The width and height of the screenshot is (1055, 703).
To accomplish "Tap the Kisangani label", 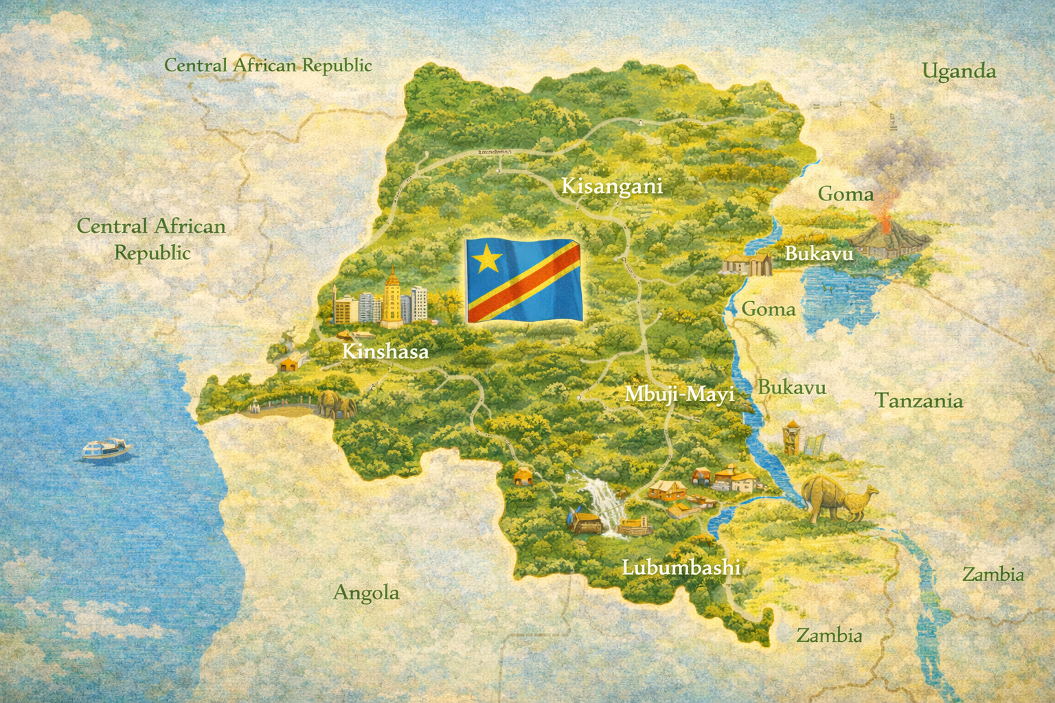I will (x=611, y=186).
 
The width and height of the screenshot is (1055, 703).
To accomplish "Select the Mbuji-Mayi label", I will (x=679, y=395).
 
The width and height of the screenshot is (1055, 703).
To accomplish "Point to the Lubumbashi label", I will (x=681, y=567).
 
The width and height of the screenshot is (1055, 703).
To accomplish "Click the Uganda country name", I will (x=958, y=71).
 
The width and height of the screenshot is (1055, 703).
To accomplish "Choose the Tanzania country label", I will (x=918, y=400).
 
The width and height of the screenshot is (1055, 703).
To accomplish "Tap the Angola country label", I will (x=365, y=592).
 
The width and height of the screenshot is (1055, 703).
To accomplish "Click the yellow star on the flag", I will (x=488, y=258).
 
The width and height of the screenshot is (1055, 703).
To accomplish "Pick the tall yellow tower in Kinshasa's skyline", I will (x=392, y=295).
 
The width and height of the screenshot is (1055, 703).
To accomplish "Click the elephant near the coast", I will (x=337, y=405).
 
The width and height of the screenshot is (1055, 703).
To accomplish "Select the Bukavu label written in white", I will (x=819, y=253).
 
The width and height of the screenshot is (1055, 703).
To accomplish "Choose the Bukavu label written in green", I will (x=791, y=387).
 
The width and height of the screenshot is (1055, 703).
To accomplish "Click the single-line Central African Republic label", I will (x=268, y=65).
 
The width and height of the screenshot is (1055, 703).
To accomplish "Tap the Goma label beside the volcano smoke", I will (x=845, y=194).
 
